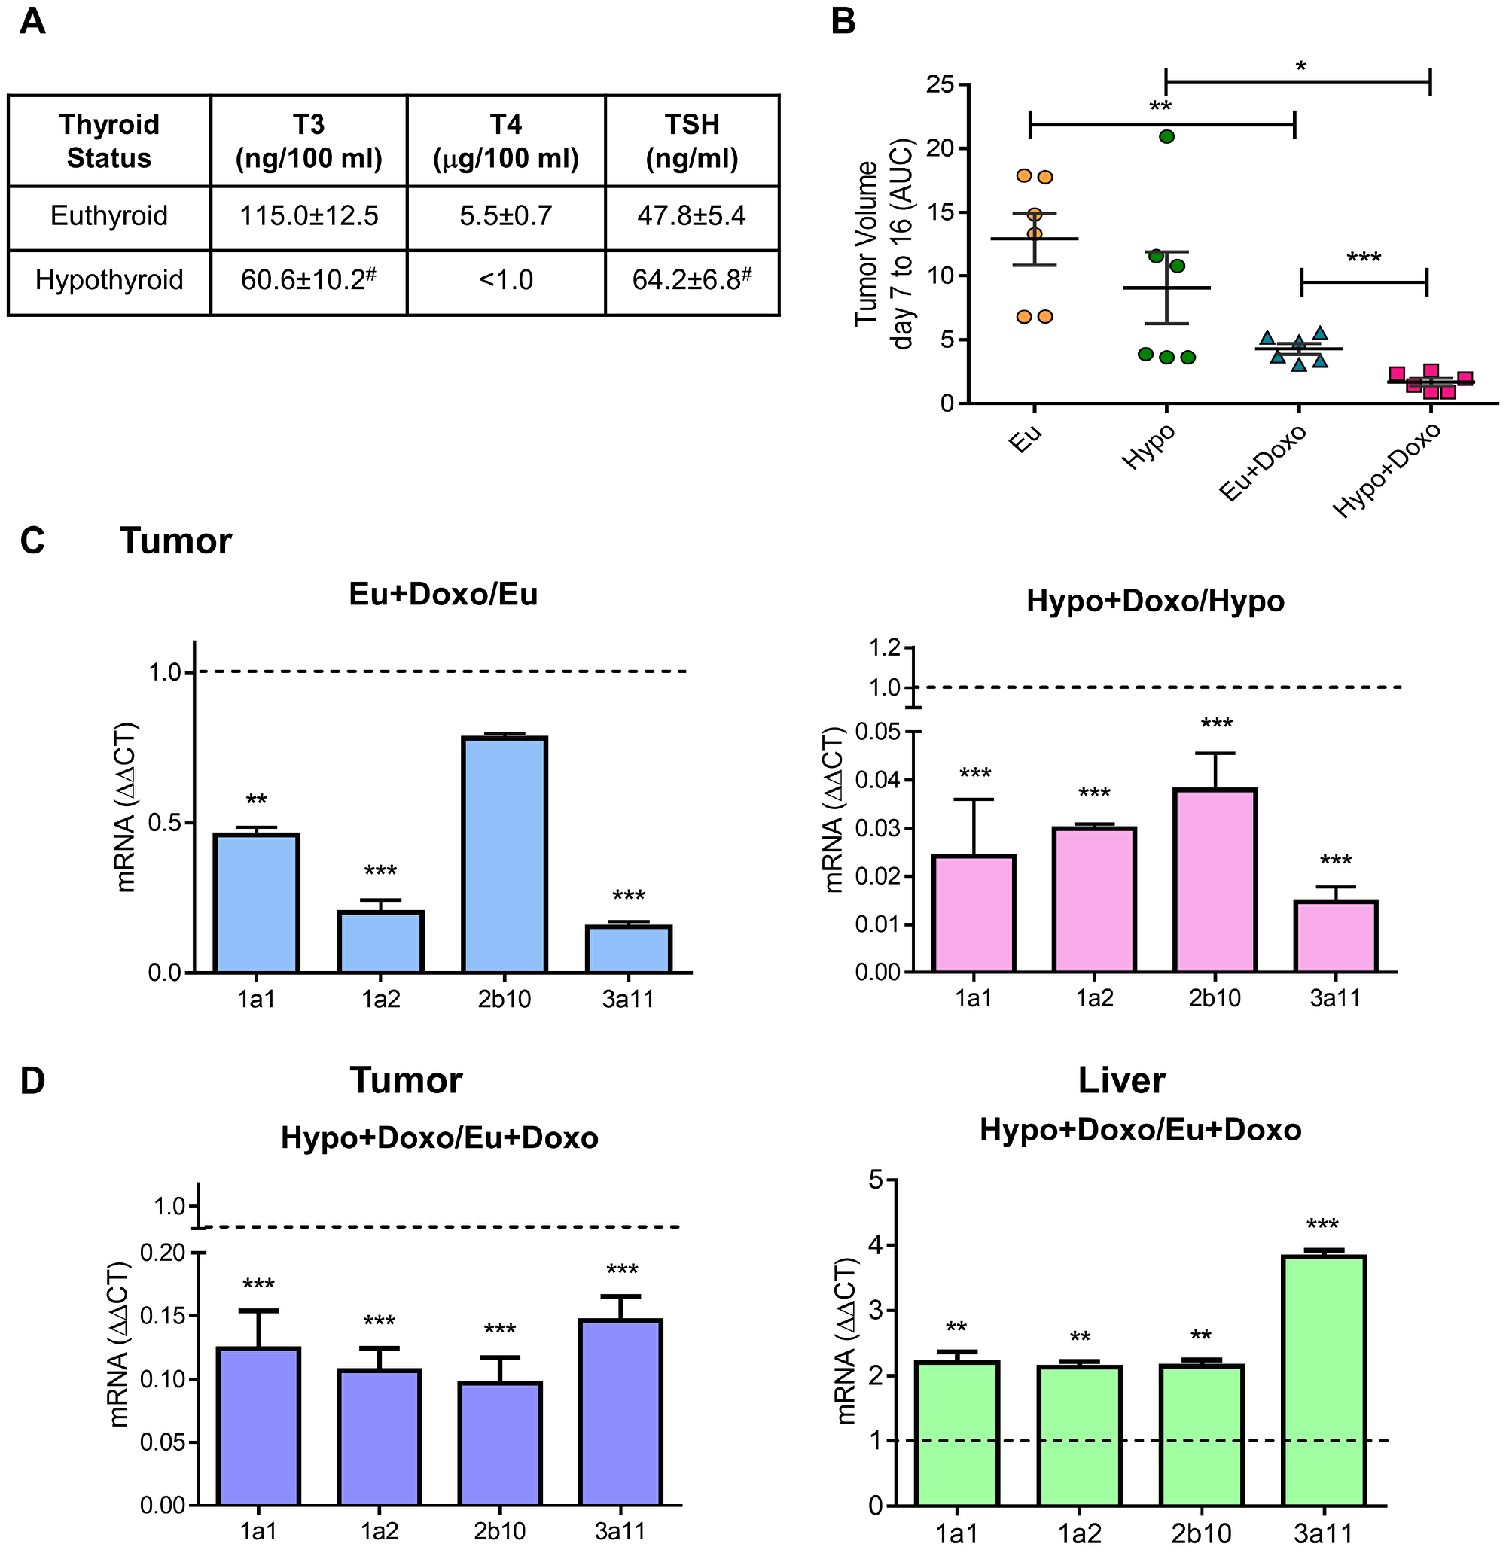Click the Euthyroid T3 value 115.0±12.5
(x=309, y=216)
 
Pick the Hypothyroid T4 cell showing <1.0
(x=505, y=280)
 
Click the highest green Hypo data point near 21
(x=1166, y=136)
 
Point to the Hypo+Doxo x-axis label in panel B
(x=1386, y=470)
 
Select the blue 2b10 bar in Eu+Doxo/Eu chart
(x=505, y=854)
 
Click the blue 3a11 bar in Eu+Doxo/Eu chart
(x=628, y=949)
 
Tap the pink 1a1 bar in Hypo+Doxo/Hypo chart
(x=974, y=913)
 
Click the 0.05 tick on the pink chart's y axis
(x=884, y=732)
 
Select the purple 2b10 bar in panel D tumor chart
(x=500, y=1443)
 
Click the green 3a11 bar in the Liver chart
(x=1324, y=1379)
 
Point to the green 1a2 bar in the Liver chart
(x=1080, y=1435)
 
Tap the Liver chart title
(x=1120, y=1080)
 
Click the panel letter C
(x=32, y=541)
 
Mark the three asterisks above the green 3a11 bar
(x=1322, y=1225)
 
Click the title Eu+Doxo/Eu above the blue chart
(x=443, y=595)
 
